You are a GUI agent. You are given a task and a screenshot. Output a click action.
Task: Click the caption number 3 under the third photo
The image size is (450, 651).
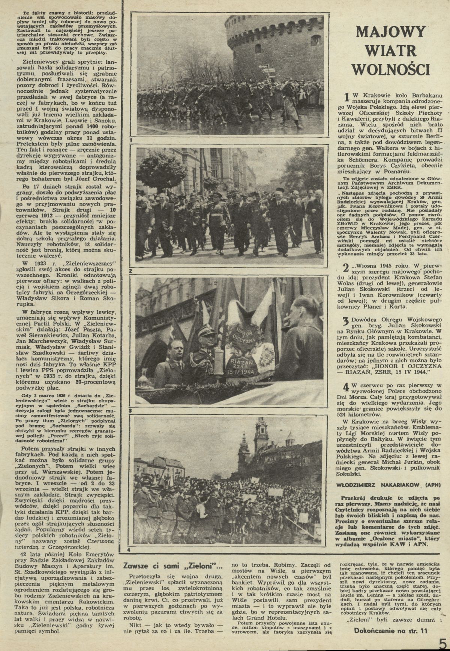130,411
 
